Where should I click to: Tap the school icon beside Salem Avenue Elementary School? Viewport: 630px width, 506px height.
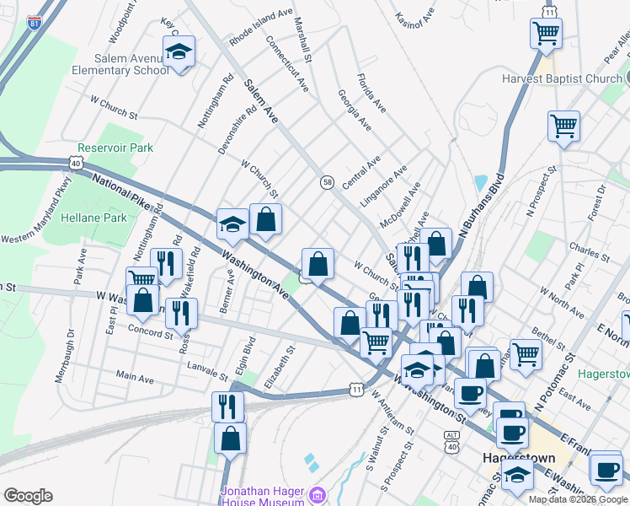click(179, 53)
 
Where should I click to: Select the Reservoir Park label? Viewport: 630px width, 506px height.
click(115, 148)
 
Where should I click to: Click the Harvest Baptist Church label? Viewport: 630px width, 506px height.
click(561, 79)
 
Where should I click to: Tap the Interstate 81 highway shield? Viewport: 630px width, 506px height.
click(33, 23)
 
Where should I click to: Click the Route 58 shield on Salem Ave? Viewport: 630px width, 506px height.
click(328, 182)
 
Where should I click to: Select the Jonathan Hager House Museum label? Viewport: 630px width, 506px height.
click(262, 496)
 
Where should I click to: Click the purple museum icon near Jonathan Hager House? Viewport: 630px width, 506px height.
click(318, 494)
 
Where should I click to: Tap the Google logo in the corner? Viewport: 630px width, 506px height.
click(28, 496)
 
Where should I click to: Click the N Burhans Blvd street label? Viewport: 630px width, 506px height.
click(481, 205)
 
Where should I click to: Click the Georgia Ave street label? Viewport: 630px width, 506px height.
click(355, 110)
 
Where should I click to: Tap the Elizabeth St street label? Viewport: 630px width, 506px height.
click(279, 365)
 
